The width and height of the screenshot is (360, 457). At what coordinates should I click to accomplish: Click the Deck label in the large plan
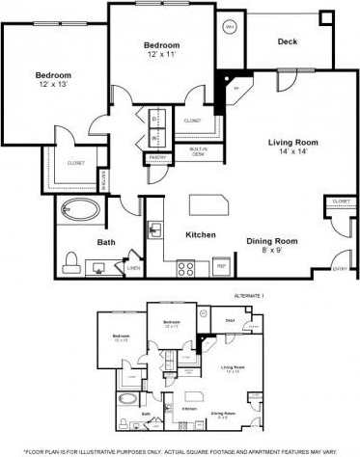coord(287,41)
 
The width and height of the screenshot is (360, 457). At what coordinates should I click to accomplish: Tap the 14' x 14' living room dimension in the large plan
coord(292,152)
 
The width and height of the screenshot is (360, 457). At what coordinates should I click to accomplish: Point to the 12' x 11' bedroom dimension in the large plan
coord(162,55)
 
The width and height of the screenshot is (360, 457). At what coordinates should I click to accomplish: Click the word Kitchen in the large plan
coord(200,235)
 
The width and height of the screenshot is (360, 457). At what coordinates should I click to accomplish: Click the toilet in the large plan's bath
coord(70,261)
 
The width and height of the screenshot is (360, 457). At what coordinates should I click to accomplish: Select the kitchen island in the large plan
coord(210,204)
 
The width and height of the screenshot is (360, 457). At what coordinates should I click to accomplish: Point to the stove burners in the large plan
coord(186,269)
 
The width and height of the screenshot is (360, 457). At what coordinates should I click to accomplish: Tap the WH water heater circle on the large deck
coord(230,27)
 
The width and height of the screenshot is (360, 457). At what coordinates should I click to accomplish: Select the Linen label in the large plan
coord(133,267)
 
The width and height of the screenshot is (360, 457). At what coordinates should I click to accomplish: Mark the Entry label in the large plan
coord(340,269)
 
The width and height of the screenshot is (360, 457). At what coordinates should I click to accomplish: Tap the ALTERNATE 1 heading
coord(248,295)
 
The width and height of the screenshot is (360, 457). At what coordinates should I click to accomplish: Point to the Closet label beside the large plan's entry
coord(340,202)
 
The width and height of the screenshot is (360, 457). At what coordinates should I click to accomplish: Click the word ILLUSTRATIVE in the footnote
coord(107,450)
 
